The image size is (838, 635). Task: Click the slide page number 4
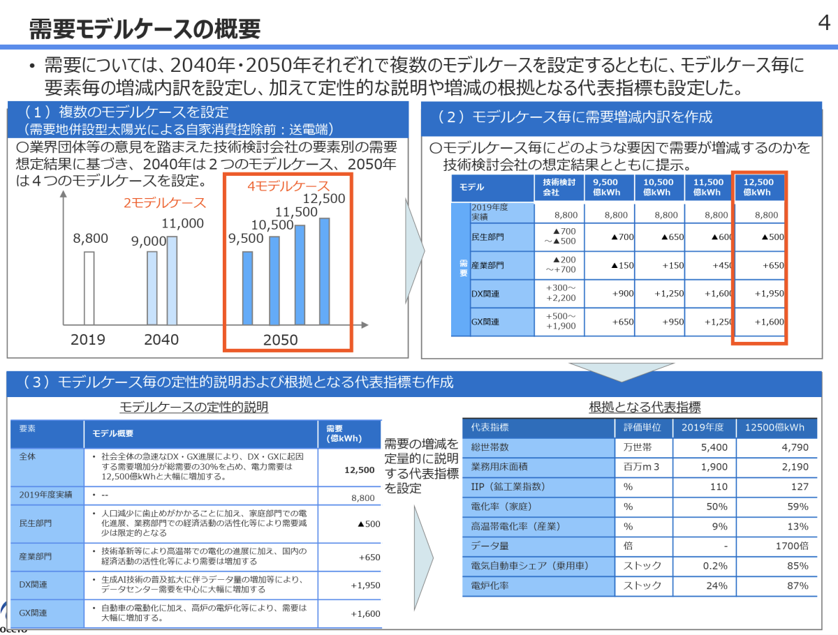point(823,23)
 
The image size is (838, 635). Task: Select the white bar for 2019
point(89,287)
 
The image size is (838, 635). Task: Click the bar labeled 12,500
point(324,271)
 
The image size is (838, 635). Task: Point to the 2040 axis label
point(161,340)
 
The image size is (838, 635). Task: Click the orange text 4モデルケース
point(288,186)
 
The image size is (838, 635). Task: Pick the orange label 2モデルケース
point(165,203)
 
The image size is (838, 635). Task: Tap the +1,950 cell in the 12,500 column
point(769,294)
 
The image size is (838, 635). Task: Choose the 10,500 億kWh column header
point(659,186)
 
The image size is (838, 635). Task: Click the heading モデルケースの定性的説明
point(193,407)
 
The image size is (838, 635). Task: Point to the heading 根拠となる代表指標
point(645,407)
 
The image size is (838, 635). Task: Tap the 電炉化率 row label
point(490,585)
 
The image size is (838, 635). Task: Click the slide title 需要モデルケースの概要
point(145,29)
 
